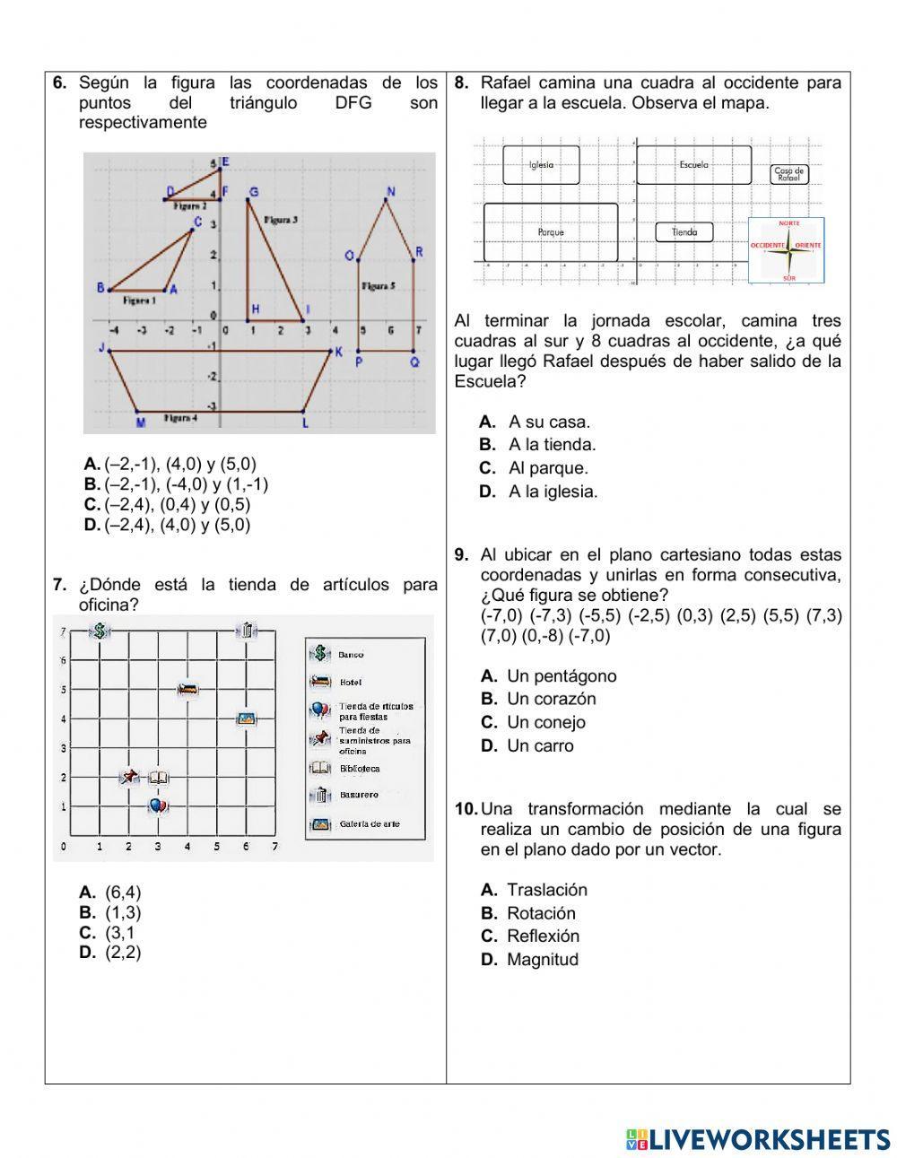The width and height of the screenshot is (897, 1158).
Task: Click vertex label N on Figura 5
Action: pos(389,190)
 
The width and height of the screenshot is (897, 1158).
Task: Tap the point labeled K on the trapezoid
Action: pos(338,352)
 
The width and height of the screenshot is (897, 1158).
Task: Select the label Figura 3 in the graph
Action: pos(281,220)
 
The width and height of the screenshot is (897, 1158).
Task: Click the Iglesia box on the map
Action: pos(541,165)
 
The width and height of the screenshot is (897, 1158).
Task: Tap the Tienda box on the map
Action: pos(684,232)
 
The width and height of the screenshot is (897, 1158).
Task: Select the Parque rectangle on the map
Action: pos(551,232)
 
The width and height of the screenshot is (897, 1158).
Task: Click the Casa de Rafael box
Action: pos(789,174)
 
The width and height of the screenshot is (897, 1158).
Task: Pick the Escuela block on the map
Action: pos(693,165)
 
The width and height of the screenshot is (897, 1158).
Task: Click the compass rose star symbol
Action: pos(788,251)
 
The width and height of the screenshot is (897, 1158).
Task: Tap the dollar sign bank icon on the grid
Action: pos(100,631)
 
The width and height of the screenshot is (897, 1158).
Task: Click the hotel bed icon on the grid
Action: pos(187,689)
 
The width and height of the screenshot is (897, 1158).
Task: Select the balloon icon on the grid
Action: pos(158,806)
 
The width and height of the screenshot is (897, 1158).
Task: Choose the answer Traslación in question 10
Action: pos(546,890)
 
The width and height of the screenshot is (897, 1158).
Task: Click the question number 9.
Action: pos(461,555)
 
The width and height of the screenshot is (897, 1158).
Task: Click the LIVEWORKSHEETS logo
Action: pos(757,1139)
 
